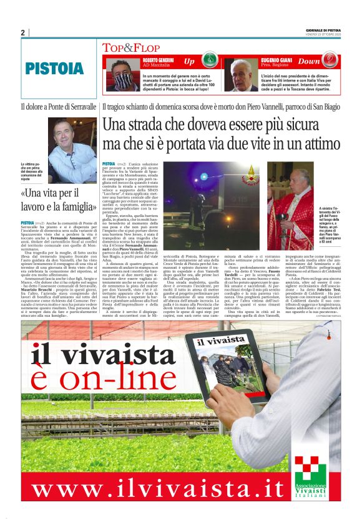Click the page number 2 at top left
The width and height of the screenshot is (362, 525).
[x=22, y=33]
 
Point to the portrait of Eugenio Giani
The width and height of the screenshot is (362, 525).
[x=241, y=74]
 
